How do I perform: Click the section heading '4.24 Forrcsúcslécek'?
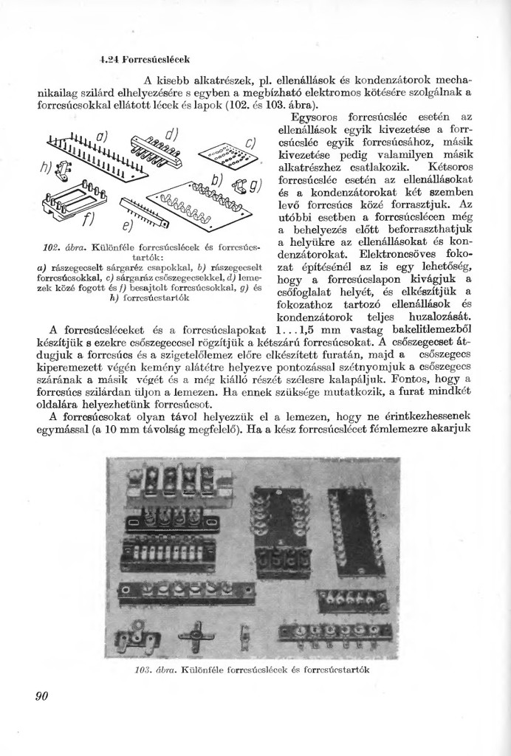[145, 58]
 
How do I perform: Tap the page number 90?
[42, 695]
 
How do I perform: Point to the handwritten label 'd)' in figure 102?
[172, 135]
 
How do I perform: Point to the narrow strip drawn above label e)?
[143, 213]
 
